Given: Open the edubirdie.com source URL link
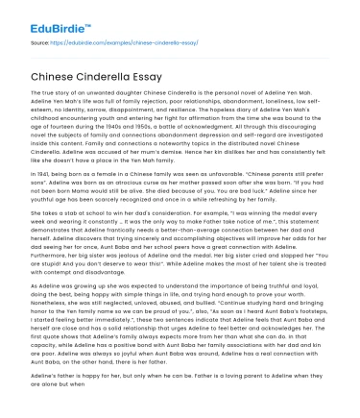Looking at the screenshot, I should (x=108, y=42).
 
